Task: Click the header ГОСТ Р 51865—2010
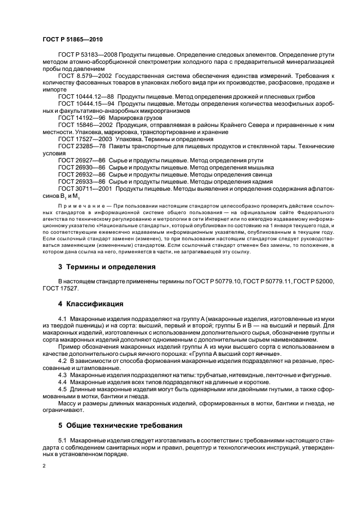[x=72, y=39]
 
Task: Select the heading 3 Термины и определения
[x=107, y=267]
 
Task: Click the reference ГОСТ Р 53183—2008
[x=83, y=55]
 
